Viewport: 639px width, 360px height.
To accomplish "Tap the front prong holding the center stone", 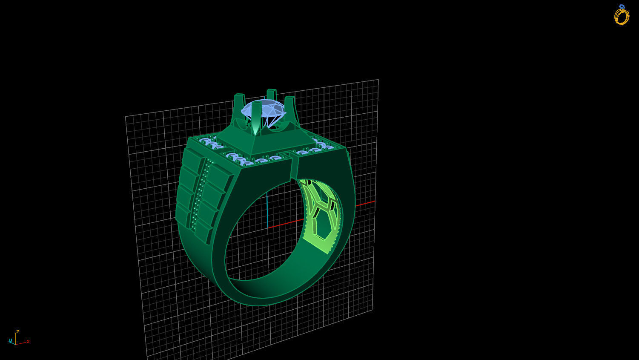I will coord(256,117).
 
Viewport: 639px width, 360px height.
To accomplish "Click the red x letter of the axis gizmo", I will coord(28,342).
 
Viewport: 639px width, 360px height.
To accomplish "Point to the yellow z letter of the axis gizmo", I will coord(17,331).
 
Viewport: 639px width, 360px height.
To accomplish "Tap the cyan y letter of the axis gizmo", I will coord(10,340).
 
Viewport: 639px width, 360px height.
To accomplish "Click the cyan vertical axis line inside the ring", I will coord(267,209).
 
